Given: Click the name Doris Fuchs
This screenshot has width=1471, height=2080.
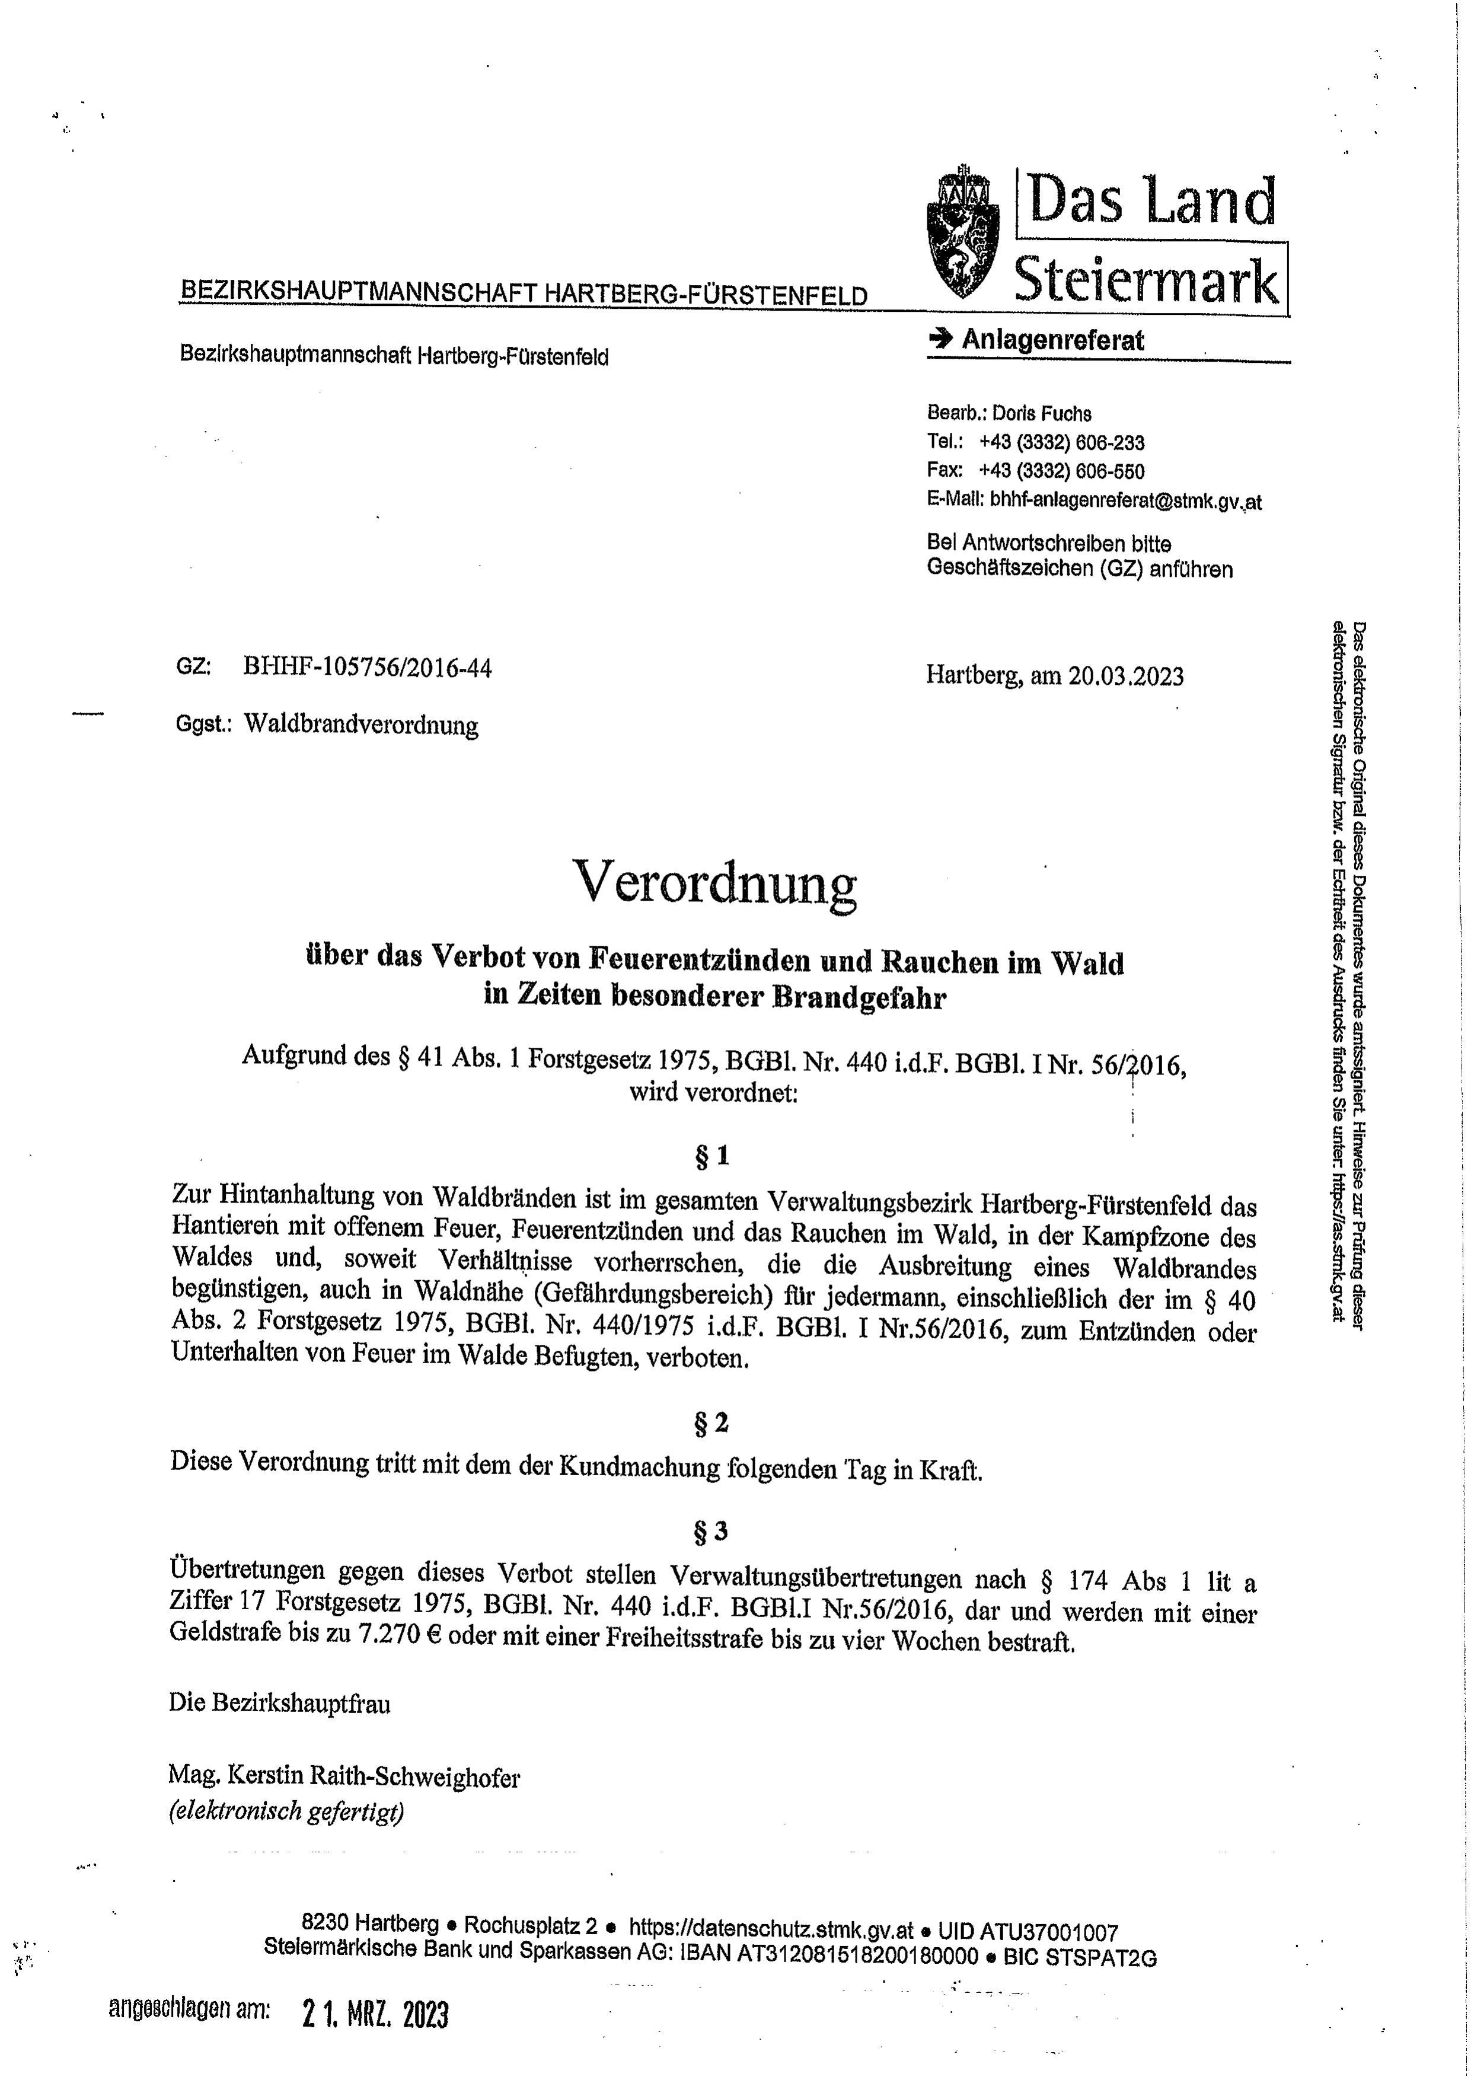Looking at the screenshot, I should point(1042,414).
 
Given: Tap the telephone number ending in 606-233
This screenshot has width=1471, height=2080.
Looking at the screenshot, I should point(1061,443).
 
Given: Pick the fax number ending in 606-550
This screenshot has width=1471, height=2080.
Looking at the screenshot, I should point(1061,471).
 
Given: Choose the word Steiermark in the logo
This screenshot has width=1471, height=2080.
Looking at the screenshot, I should point(1146,279).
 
